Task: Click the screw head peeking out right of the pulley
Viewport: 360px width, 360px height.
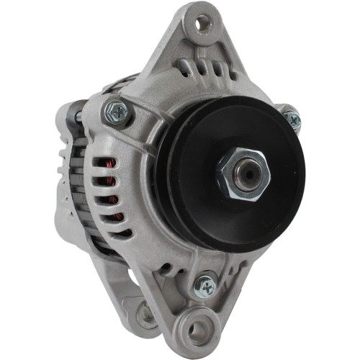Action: click(292, 117)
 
